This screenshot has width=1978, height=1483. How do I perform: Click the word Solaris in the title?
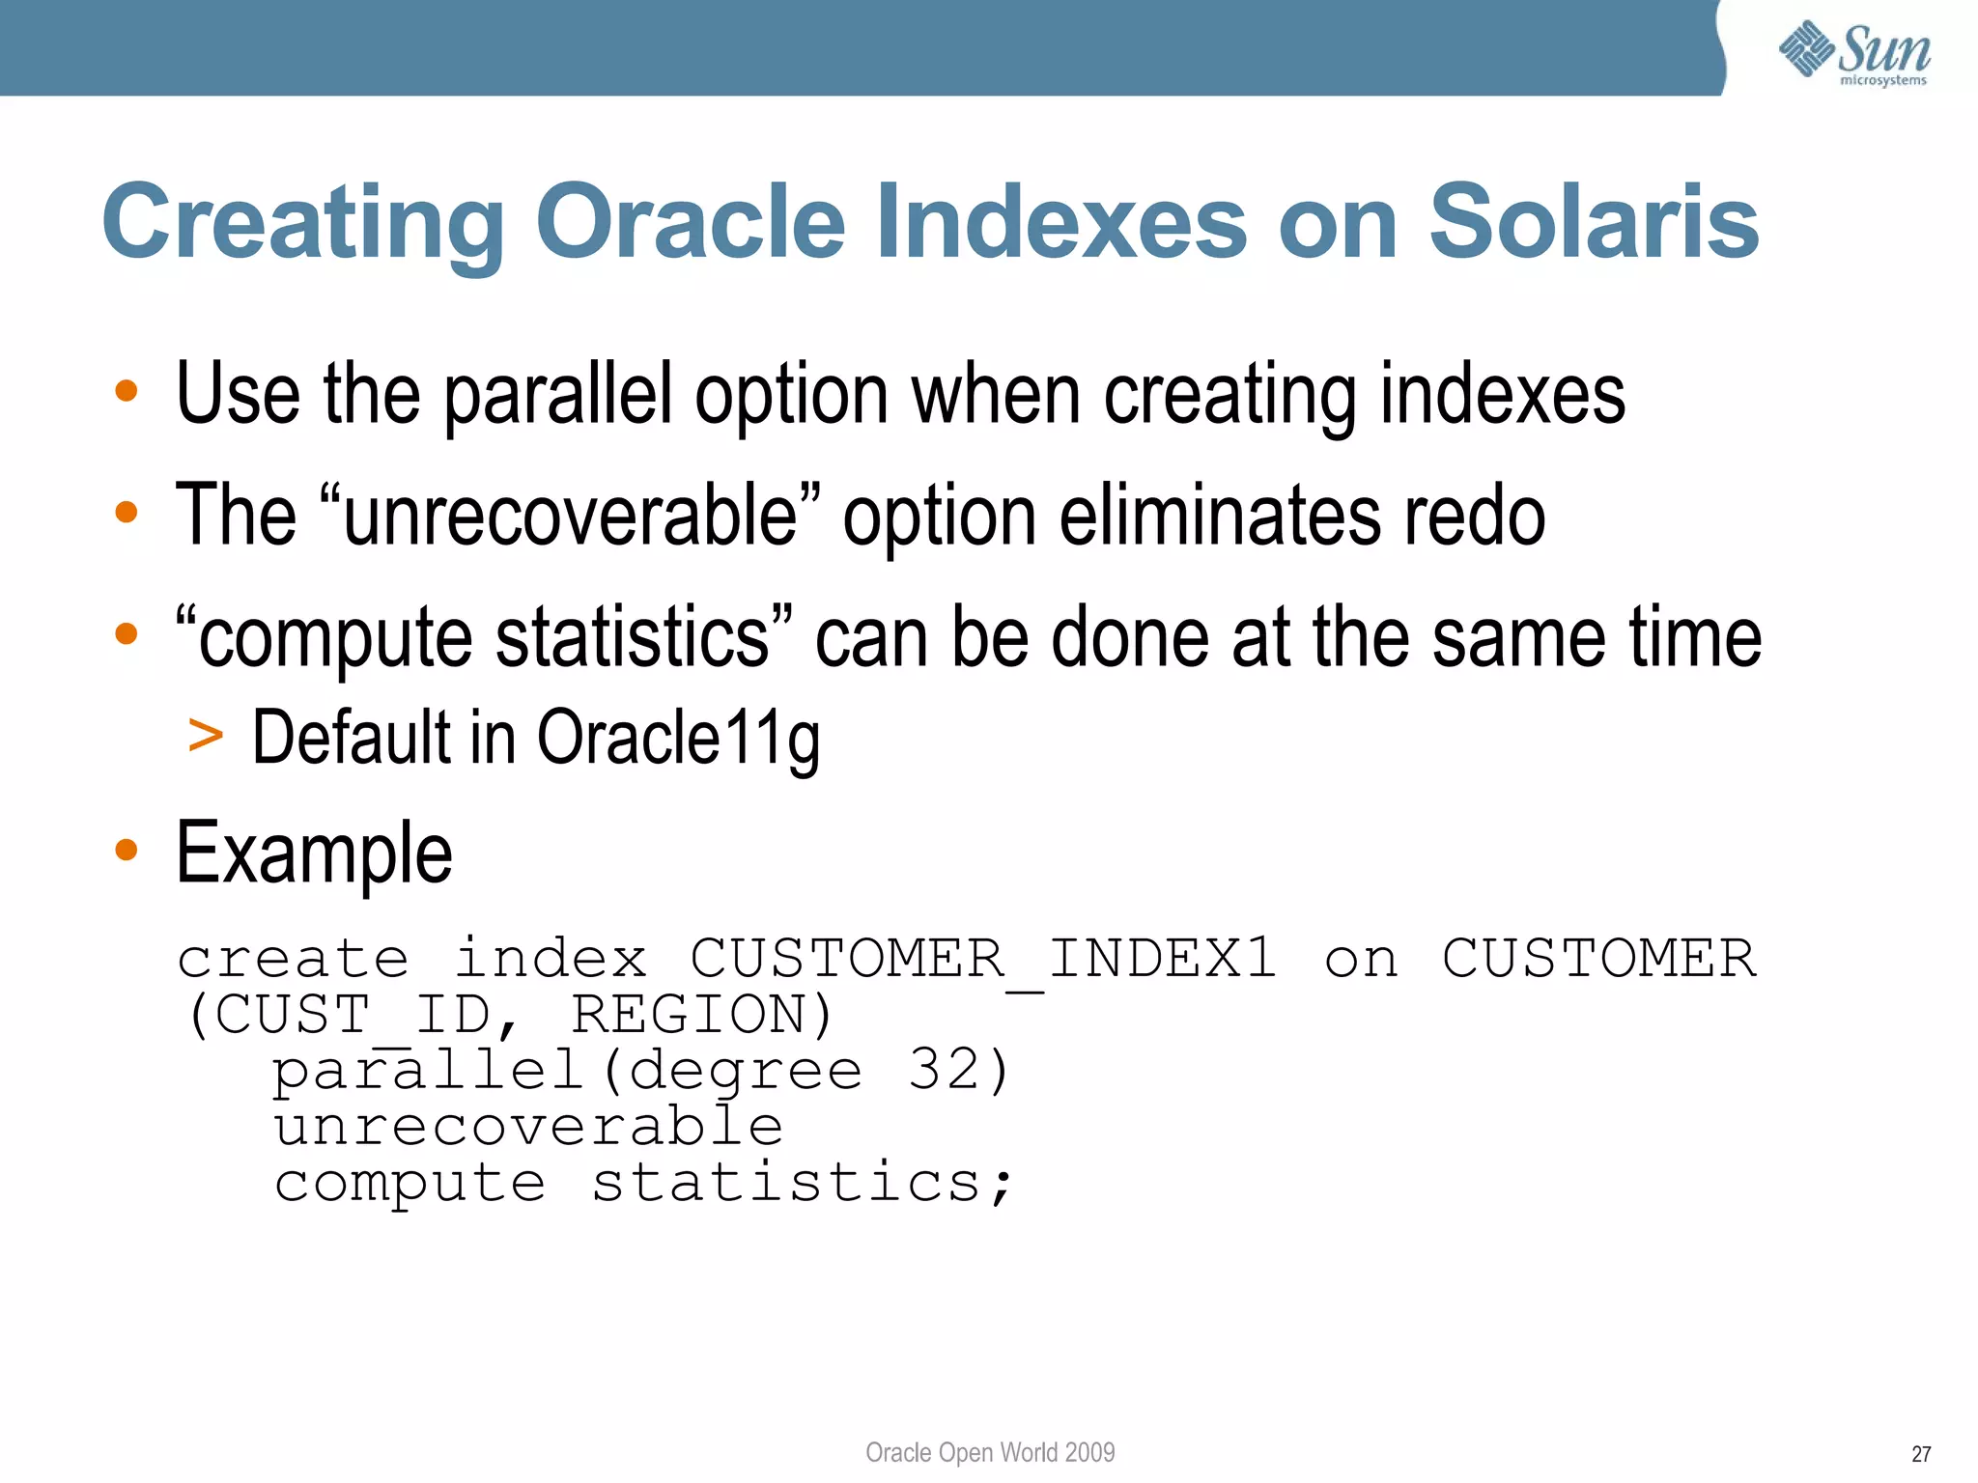(x=1594, y=222)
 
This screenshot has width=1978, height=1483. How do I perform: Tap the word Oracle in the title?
(x=691, y=222)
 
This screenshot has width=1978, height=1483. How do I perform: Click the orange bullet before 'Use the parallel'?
(x=127, y=391)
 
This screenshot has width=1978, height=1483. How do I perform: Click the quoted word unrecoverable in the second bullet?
(x=570, y=516)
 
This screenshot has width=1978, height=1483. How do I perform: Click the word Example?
(x=314, y=853)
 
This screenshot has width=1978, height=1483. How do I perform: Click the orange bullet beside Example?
(x=127, y=851)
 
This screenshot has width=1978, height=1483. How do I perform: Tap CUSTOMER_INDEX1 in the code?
(x=983, y=959)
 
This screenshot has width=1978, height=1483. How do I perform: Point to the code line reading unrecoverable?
(x=528, y=1127)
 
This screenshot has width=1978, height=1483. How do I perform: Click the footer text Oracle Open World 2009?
(x=990, y=1452)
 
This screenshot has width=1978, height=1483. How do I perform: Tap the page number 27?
(x=1921, y=1454)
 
